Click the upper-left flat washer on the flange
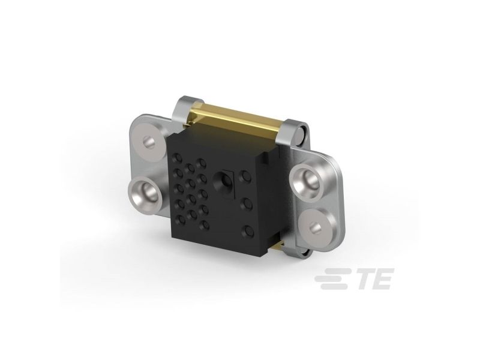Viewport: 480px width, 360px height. click(x=151, y=141)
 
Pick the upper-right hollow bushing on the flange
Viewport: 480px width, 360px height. click(x=307, y=181)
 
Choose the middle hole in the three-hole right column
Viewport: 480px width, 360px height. click(x=247, y=203)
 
